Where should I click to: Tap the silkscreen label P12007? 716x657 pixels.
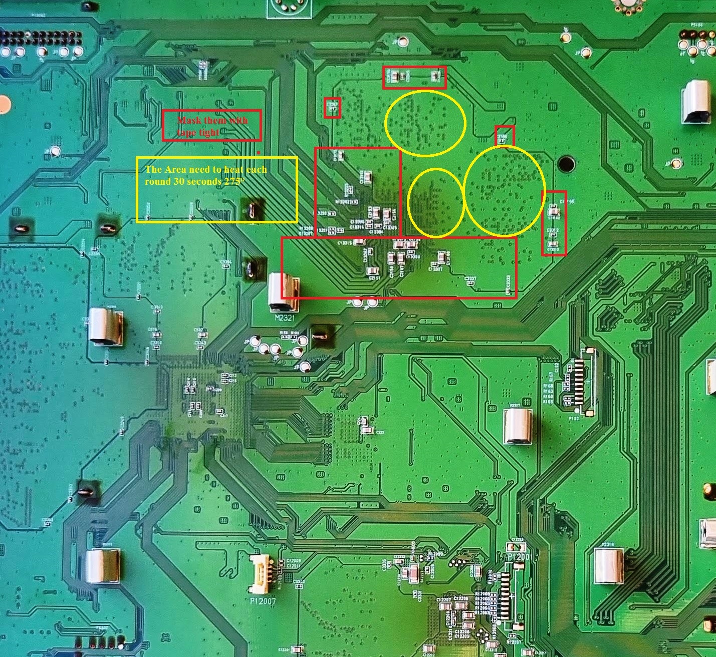pos(263,600)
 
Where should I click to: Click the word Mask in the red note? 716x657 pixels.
pos(189,120)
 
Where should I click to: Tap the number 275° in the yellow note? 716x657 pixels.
pos(232,181)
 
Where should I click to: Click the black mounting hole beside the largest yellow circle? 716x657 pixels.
pos(566,164)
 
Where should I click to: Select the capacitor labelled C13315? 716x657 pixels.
pos(359,242)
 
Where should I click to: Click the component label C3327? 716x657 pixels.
pos(470,278)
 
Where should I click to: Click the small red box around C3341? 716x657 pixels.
pos(332,108)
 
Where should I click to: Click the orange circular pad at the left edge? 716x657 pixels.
pos(4,104)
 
